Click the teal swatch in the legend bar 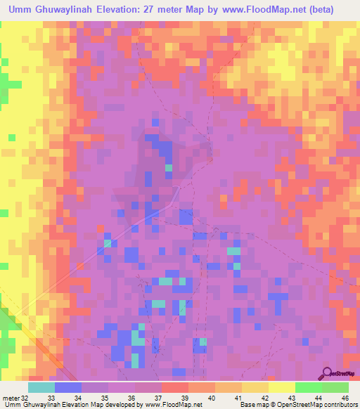41,387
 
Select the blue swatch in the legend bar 68,387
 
